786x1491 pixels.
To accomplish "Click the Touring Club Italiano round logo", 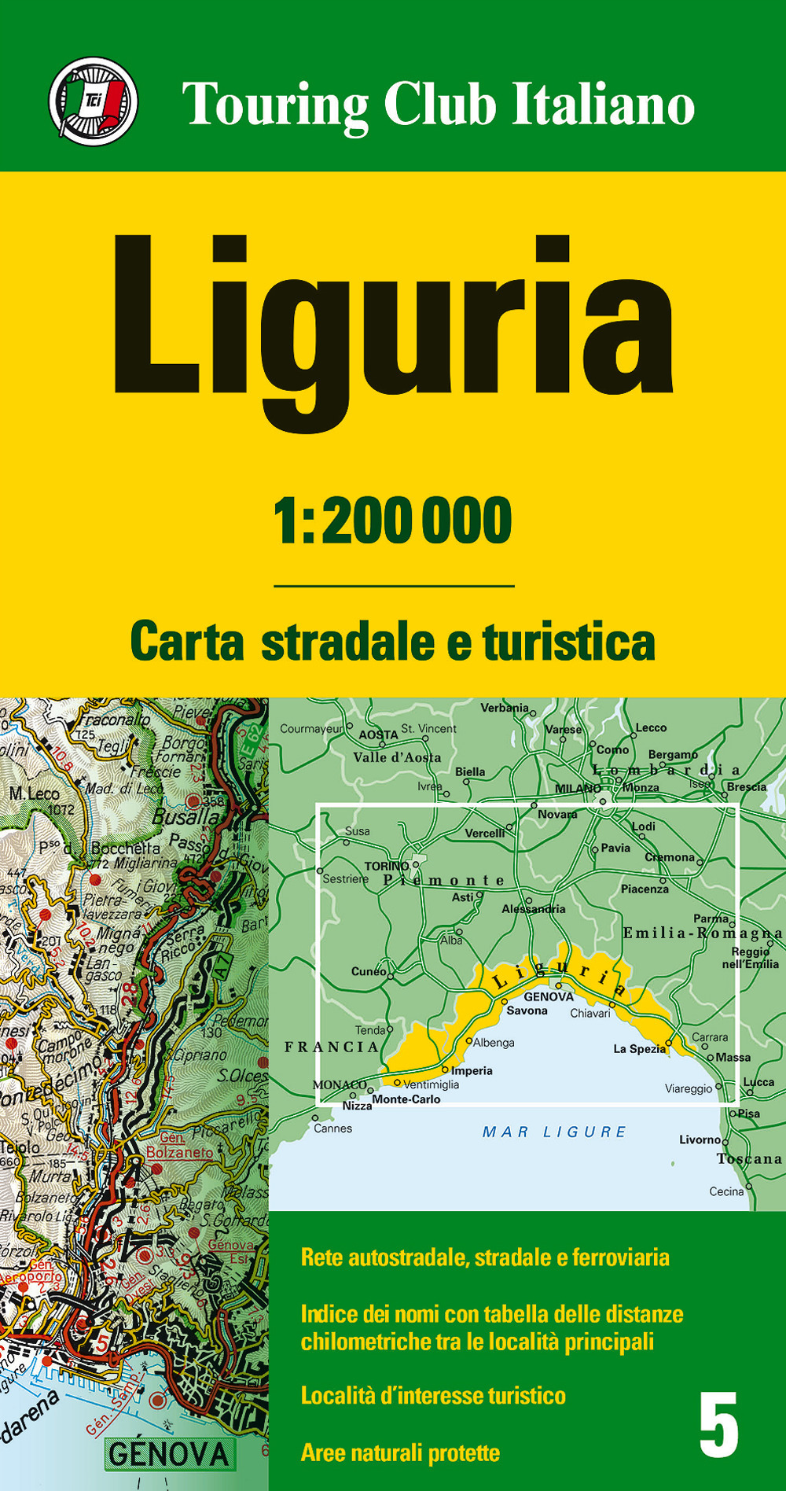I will pos(94,101).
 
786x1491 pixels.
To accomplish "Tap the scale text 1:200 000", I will pos(393,521).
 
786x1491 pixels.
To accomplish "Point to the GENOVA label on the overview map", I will pos(549,996).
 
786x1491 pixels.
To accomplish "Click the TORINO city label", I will pos(386,866).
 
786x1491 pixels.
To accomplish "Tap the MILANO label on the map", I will pos(578,788).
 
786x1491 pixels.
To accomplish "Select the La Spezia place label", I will pos(639,1049).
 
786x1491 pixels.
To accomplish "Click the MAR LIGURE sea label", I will pos(554,1132).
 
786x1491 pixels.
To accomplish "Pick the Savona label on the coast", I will pos(527,1011).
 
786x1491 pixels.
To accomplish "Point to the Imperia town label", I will pos(472,1070).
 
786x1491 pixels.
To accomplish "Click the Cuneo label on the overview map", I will pos(368,971).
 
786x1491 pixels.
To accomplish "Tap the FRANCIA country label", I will pos(332,1047).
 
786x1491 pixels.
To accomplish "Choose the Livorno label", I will pos(700,1139).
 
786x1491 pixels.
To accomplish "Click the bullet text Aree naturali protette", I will pos(400,1452).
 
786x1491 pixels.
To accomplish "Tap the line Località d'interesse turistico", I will pos(433,1396).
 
